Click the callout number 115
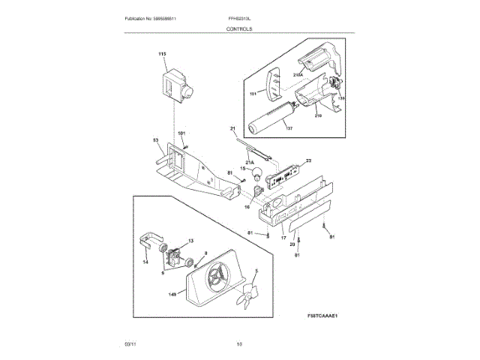point(162,55)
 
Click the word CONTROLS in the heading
point(239,28)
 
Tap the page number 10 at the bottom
point(239,343)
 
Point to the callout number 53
point(155,140)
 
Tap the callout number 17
point(283,238)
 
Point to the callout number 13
point(190,241)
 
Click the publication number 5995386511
point(174,18)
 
